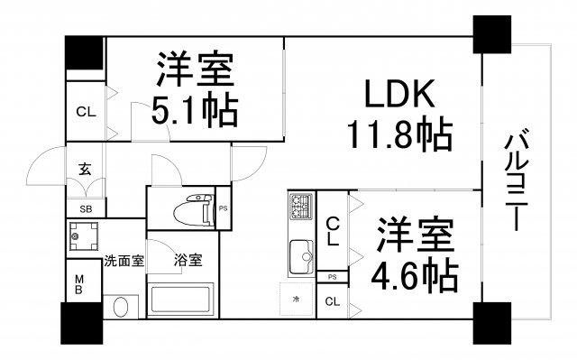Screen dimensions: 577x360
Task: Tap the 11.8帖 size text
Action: pos(398,136)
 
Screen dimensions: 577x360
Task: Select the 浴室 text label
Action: pos(188,261)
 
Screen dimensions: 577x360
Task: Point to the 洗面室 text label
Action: pos(124,262)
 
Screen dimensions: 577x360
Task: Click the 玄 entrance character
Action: pos(85,169)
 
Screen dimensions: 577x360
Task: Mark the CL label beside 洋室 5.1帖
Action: pos(86,113)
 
